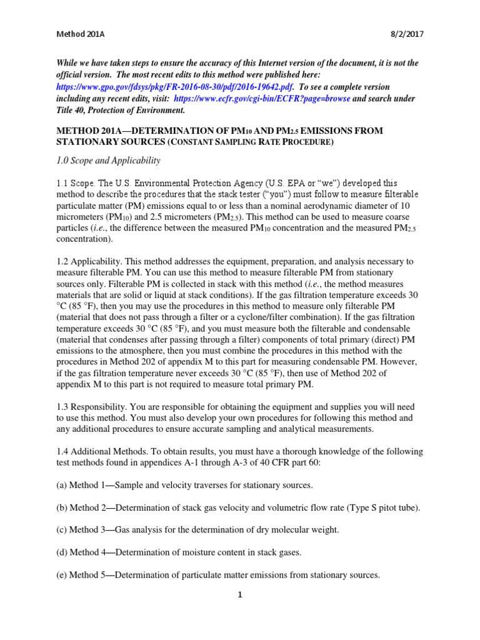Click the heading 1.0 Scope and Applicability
coord(109,161)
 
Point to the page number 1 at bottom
coord(239,594)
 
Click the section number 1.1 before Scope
coord(62,184)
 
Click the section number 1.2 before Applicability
coord(62,262)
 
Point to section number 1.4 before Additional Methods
coord(62,451)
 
